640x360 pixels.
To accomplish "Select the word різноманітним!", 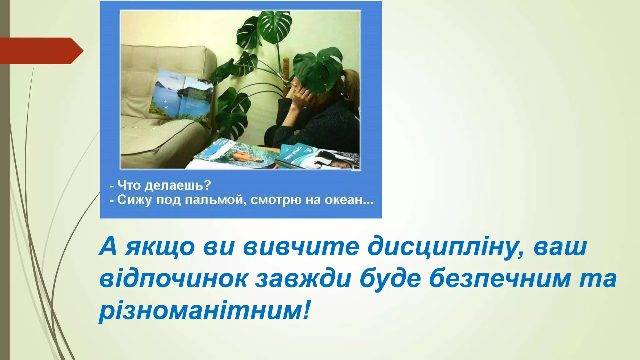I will pos(205,311).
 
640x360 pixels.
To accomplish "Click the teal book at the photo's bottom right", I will pos(297,156).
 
